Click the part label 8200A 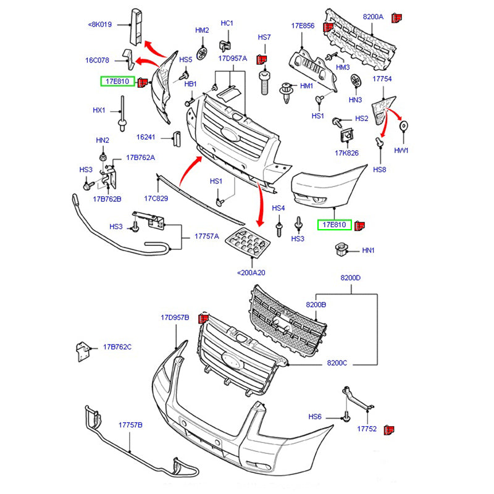(373, 17)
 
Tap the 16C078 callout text (97, 61)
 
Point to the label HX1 (99, 111)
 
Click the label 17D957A (232, 58)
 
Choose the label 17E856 (303, 26)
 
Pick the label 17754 (382, 79)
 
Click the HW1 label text (401, 151)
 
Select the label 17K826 (347, 152)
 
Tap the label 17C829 (156, 198)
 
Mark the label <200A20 (251, 272)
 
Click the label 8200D (350, 278)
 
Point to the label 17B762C (117, 347)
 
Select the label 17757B (130, 425)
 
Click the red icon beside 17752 (389, 429)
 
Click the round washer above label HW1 (404, 127)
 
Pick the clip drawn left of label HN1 (339, 249)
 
